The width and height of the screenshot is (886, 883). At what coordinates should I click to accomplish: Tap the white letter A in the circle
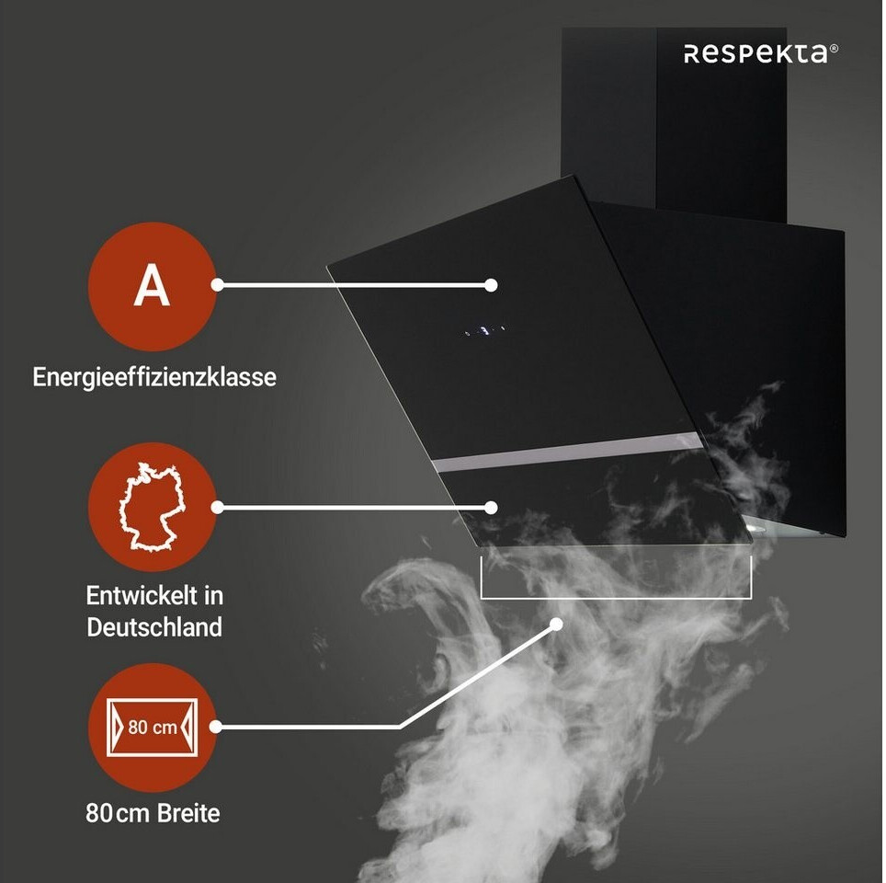(x=152, y=286)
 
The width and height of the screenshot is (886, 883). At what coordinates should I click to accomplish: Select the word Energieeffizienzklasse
(x=154, y=377)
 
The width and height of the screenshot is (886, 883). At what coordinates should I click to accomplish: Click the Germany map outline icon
(x=152, y=509)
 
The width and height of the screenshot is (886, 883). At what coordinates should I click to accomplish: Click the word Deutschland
(x=154, y=627)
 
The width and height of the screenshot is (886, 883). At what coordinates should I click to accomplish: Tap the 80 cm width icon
(x=152, y=727)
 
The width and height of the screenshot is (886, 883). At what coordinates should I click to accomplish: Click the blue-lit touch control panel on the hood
(x=484, y=328)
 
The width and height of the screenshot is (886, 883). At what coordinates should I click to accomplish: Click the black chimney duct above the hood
(x=674, y=120)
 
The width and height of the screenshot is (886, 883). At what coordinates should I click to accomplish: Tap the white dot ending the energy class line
(x=492, y=285)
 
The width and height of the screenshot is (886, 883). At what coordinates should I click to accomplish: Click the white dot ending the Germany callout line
(x=492, y=507)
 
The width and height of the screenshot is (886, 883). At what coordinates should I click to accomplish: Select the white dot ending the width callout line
(x=557, y=625)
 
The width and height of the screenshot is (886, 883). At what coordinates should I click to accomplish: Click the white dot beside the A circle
(x=218, y=285)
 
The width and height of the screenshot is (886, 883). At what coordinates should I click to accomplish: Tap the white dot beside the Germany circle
(x=218, y=507)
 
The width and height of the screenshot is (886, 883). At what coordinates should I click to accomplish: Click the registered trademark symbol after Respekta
(x=834, y=50)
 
